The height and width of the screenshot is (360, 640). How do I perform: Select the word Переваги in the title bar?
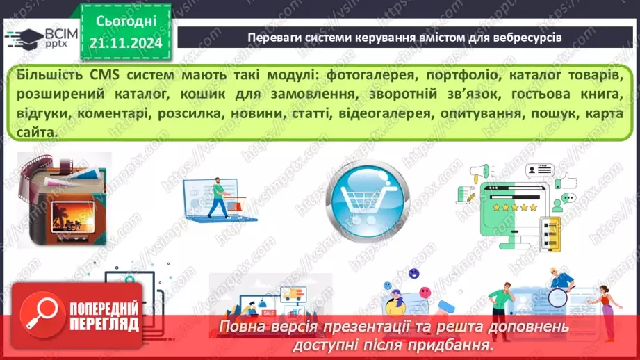[x=274, y=37]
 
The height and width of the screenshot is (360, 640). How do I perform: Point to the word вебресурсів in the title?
[x=528, y=37]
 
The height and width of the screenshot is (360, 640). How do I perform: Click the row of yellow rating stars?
[x=515, y=207]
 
